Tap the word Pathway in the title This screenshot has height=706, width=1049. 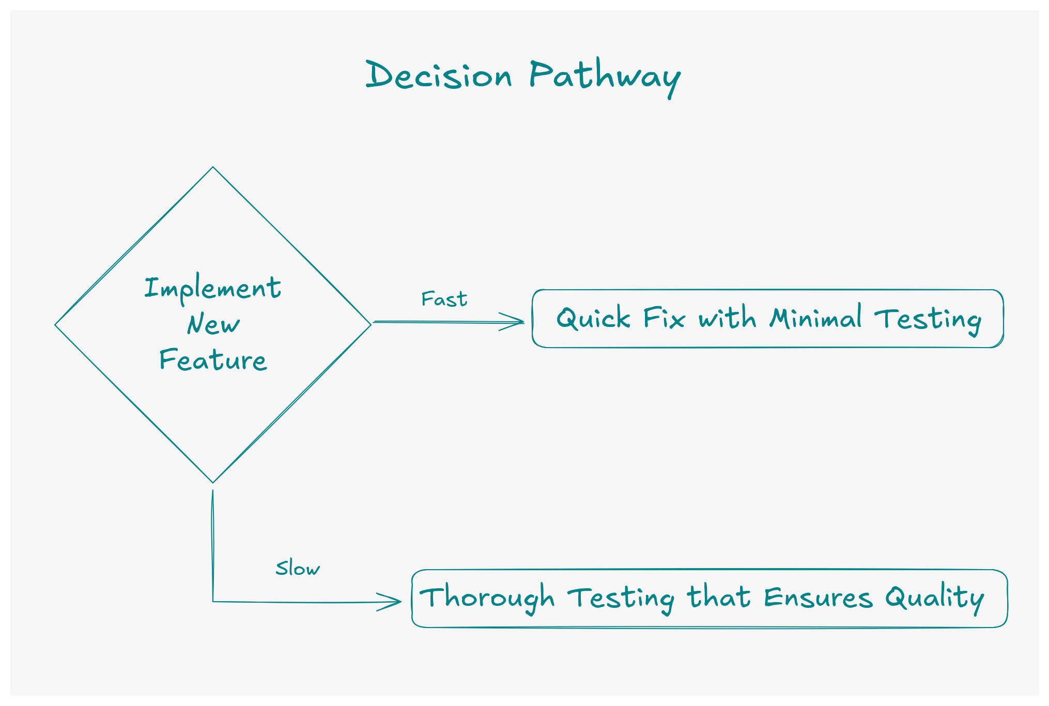coord(605,77)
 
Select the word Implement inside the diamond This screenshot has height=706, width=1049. coord(212,289)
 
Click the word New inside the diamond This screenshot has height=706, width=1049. coord(213,324)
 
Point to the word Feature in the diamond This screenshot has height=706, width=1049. coord(213,360)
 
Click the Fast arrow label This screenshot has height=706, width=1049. coord(444,300)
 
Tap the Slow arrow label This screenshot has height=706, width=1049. coord(298,569)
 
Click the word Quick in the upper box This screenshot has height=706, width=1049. coord(593,318)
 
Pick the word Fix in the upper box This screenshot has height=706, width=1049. coord(664,318)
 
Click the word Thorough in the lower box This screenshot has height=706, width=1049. coord(487,598)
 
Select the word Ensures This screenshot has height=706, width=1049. coord(818,598)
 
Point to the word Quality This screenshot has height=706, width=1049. coord(934,598)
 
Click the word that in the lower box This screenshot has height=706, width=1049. coord(719,598)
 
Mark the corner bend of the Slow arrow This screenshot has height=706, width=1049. coord(213,602)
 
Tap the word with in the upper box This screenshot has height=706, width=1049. coord(728,318)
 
